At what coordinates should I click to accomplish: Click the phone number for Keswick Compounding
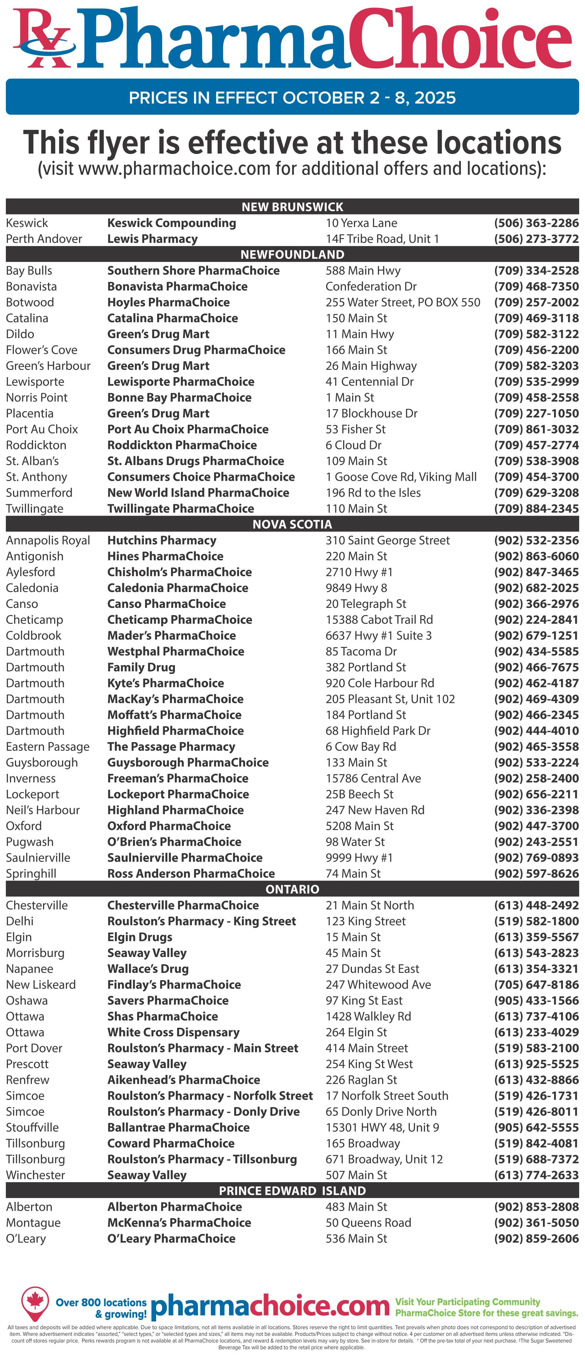click(x=536, y=223)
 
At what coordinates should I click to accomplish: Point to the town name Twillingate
click(x=35, y=509)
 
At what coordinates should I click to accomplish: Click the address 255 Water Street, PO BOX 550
click(x=403, y=302)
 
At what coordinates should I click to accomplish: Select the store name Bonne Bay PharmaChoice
click(x=179, y=397)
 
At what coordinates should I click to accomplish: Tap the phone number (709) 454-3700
click(x=536, y=477)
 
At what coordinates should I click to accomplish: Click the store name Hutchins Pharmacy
click(x=162, y=541)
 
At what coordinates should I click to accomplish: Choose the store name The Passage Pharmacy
click(x=171, y=747)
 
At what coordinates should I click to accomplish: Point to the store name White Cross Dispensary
click(x=173, y=1032)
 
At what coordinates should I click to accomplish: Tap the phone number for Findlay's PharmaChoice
click(x=536, y=984)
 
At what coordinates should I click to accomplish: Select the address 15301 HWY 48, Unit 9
click(x=382, y=1127)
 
